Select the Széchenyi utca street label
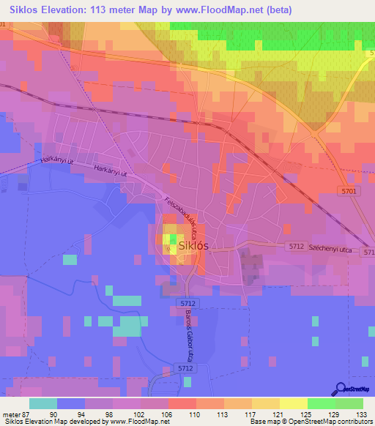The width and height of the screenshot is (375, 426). click(x=331, y=250)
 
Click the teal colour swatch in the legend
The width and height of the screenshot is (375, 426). click(x=42, y=403)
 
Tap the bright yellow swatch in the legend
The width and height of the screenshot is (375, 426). click(x=293, y=403)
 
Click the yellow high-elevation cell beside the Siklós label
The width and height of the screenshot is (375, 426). click(x=168, y=239)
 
